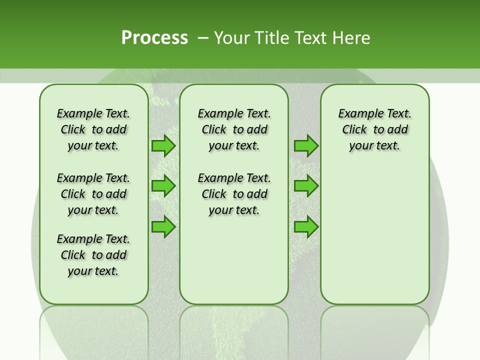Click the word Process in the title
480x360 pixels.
coord(154,37)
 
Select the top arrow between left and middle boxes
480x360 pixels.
coord(163,145)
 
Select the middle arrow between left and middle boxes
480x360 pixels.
coord(163,186)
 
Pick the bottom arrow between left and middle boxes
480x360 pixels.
coord(163,227)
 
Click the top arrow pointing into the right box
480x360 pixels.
coord(306,145)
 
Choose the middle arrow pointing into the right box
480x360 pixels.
coord(306,186)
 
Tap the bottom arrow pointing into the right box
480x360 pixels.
coord(306,227)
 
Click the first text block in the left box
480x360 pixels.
coord(93,129)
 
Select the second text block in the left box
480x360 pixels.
coord(93,194)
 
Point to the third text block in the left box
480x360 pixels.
coord(93,255)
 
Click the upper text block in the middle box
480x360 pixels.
coord(234,129)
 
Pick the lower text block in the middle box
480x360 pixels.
coord(234,194)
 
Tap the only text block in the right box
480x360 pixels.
coord(374,129)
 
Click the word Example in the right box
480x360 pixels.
coord(356,114)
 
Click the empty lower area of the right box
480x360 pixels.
coord(374,235)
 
